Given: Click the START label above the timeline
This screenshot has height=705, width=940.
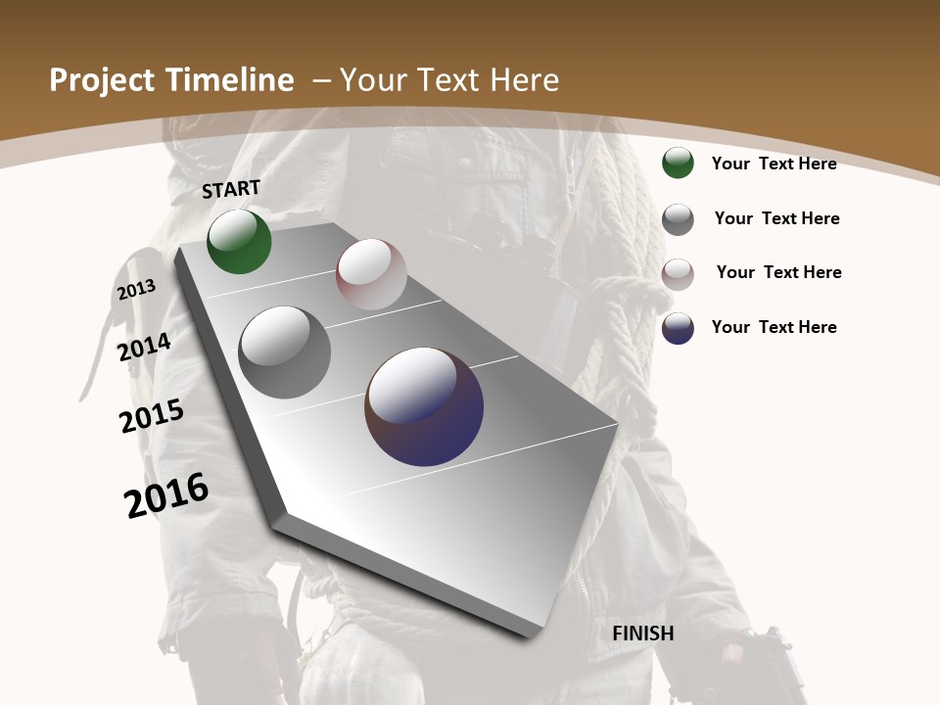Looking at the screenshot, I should tap(231, 189).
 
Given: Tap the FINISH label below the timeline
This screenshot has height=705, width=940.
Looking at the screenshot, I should tap(643, 634).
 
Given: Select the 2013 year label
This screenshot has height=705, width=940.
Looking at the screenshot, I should tap(136, 290).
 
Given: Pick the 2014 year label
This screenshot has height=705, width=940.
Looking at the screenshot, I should tap(144, 347).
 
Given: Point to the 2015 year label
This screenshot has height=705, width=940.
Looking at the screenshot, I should tap(152, 416).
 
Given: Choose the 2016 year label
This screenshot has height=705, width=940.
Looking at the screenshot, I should tap(166, 494).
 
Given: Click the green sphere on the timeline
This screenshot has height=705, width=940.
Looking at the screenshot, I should tap(239, 242).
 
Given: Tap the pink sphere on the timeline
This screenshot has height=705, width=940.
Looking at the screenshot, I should tap(371, 274).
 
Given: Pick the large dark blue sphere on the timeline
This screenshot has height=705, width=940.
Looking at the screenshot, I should tap(424, 406).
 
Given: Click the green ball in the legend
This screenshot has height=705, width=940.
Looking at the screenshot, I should tap(678, 164).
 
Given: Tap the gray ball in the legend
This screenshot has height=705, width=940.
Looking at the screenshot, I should tap(678, 219).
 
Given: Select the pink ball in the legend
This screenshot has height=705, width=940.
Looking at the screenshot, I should tap(678, 274).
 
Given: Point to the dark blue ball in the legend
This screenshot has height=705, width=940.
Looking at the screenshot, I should tap(678, 328).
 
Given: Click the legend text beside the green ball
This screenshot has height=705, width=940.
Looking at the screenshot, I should tap(774, 164).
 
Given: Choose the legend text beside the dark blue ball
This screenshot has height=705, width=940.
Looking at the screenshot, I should tap(774, 327).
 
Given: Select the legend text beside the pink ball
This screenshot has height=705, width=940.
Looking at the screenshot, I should tap(778, 272).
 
